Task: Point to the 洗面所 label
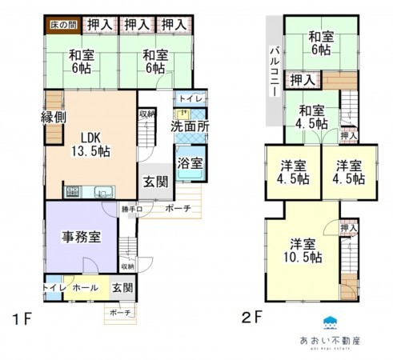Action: pyautogui.click(x=190, y=126)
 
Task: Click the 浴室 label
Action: pyautogui.click(x=190, y=162)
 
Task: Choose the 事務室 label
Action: pyautogui.click(x=81, y=237)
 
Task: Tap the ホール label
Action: pyautogui.click(x=85, y=287)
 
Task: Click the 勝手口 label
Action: pyautogui.click(x=132, y=210)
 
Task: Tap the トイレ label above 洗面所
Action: pyautogui.click(x=191, y=98)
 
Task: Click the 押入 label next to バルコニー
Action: pyautogui.click(x=302, y=80)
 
